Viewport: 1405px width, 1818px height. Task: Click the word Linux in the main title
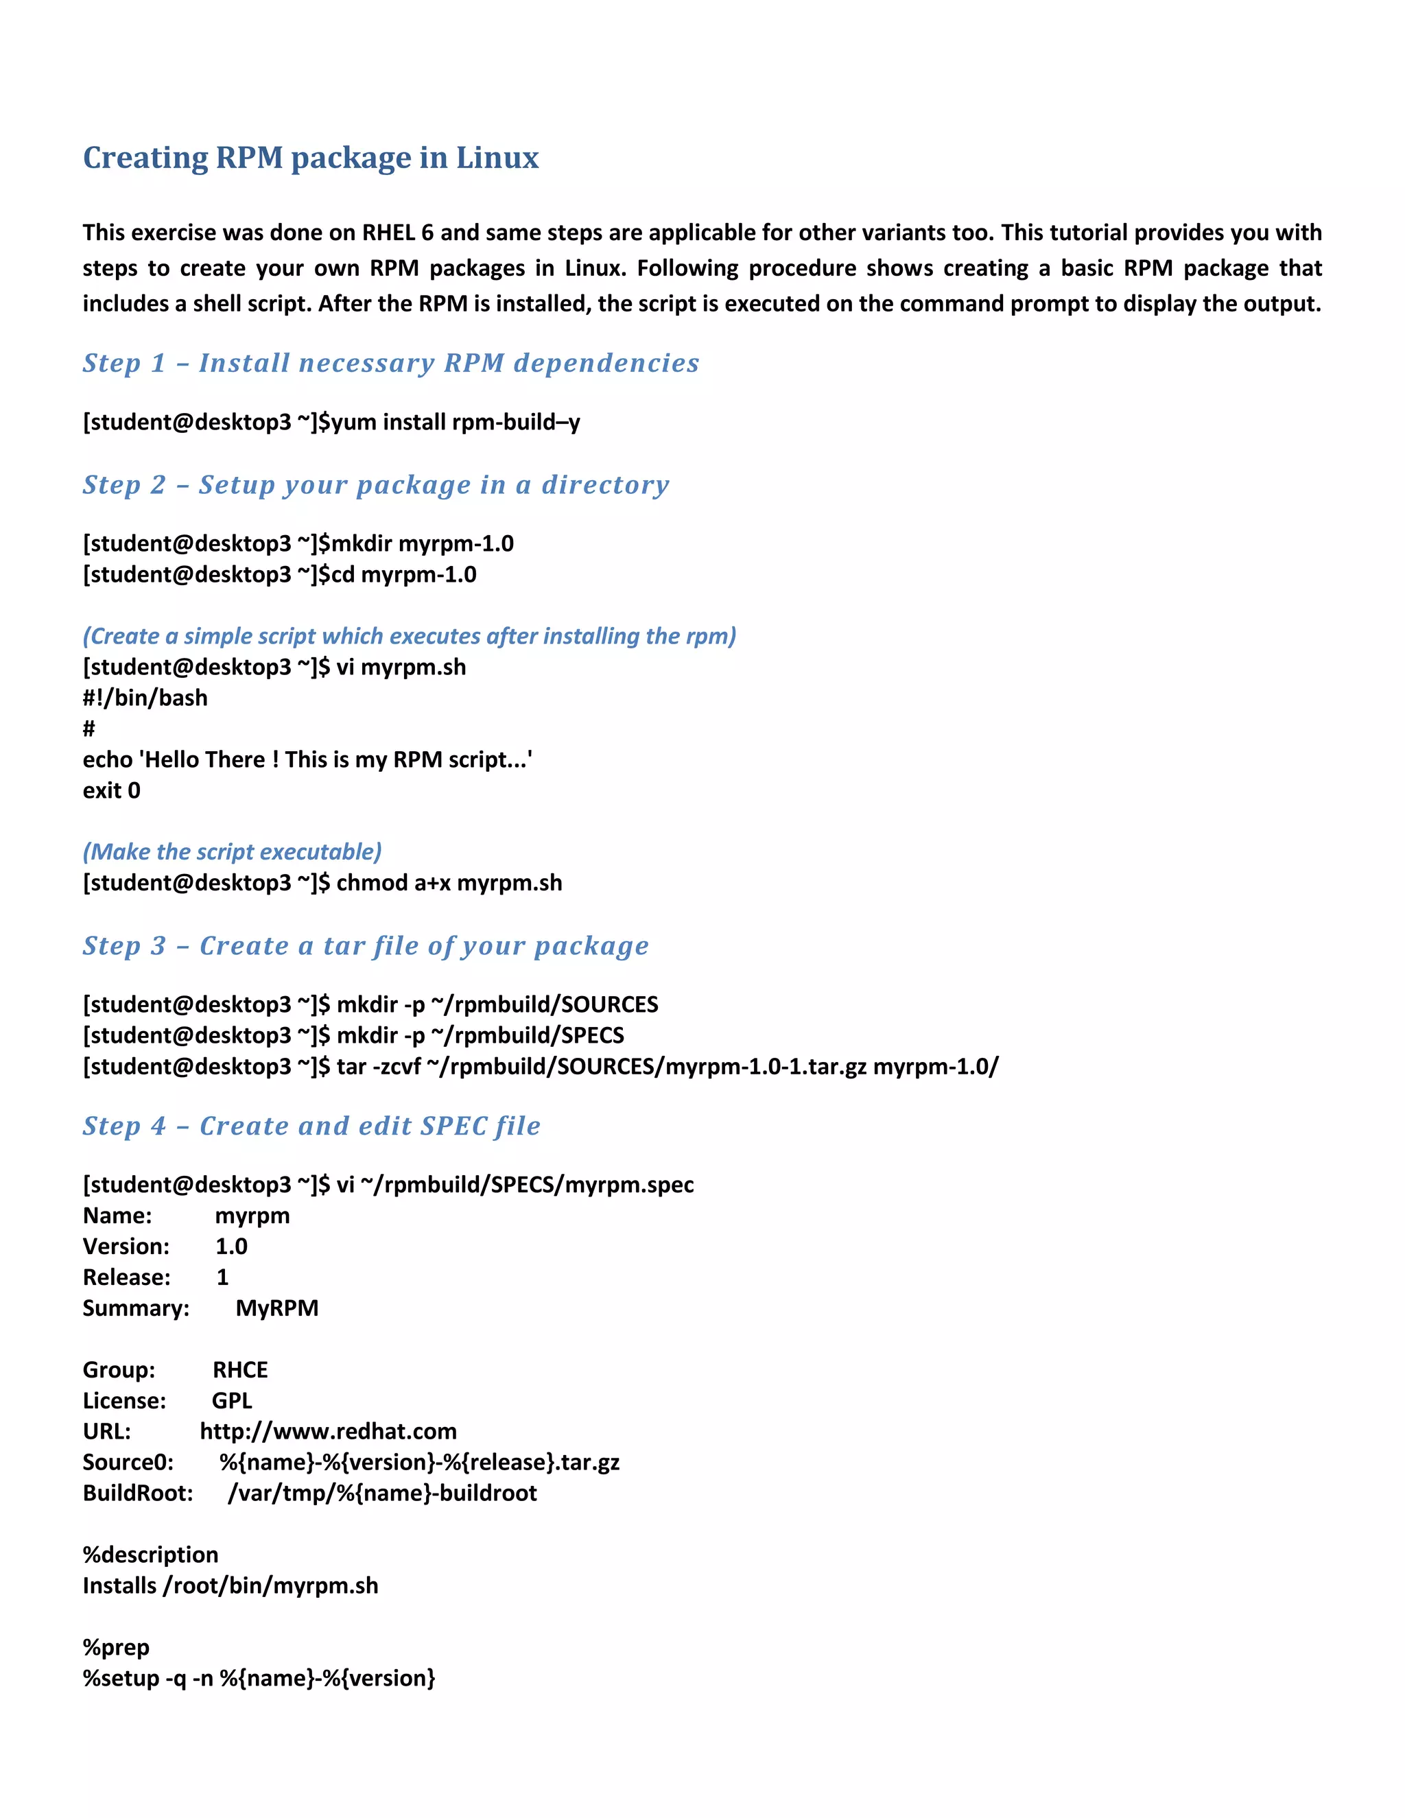[497, 158]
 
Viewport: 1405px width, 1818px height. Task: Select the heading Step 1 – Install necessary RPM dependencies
[390, 363]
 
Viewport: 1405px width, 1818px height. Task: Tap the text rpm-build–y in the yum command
[515, 422]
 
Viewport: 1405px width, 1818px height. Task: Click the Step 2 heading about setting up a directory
[375, 484]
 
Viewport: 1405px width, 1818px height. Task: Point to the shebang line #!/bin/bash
[145, 698]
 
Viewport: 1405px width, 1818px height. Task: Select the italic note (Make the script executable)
[233, 851]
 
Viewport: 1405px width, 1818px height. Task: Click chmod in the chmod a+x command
[371, 882]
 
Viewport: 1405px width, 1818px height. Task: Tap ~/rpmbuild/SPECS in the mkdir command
[528, 1035]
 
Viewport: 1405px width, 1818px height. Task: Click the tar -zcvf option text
[379, 1066]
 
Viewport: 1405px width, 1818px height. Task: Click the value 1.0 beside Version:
[231, 1246]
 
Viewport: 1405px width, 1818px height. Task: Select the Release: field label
[126, 1277]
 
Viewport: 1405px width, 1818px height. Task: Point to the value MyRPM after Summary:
[276, 1308]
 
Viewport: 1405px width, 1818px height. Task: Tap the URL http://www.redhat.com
[328, 1431]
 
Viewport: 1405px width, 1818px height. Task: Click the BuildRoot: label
[137, 1493]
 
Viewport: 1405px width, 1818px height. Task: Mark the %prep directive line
[116, 1646]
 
